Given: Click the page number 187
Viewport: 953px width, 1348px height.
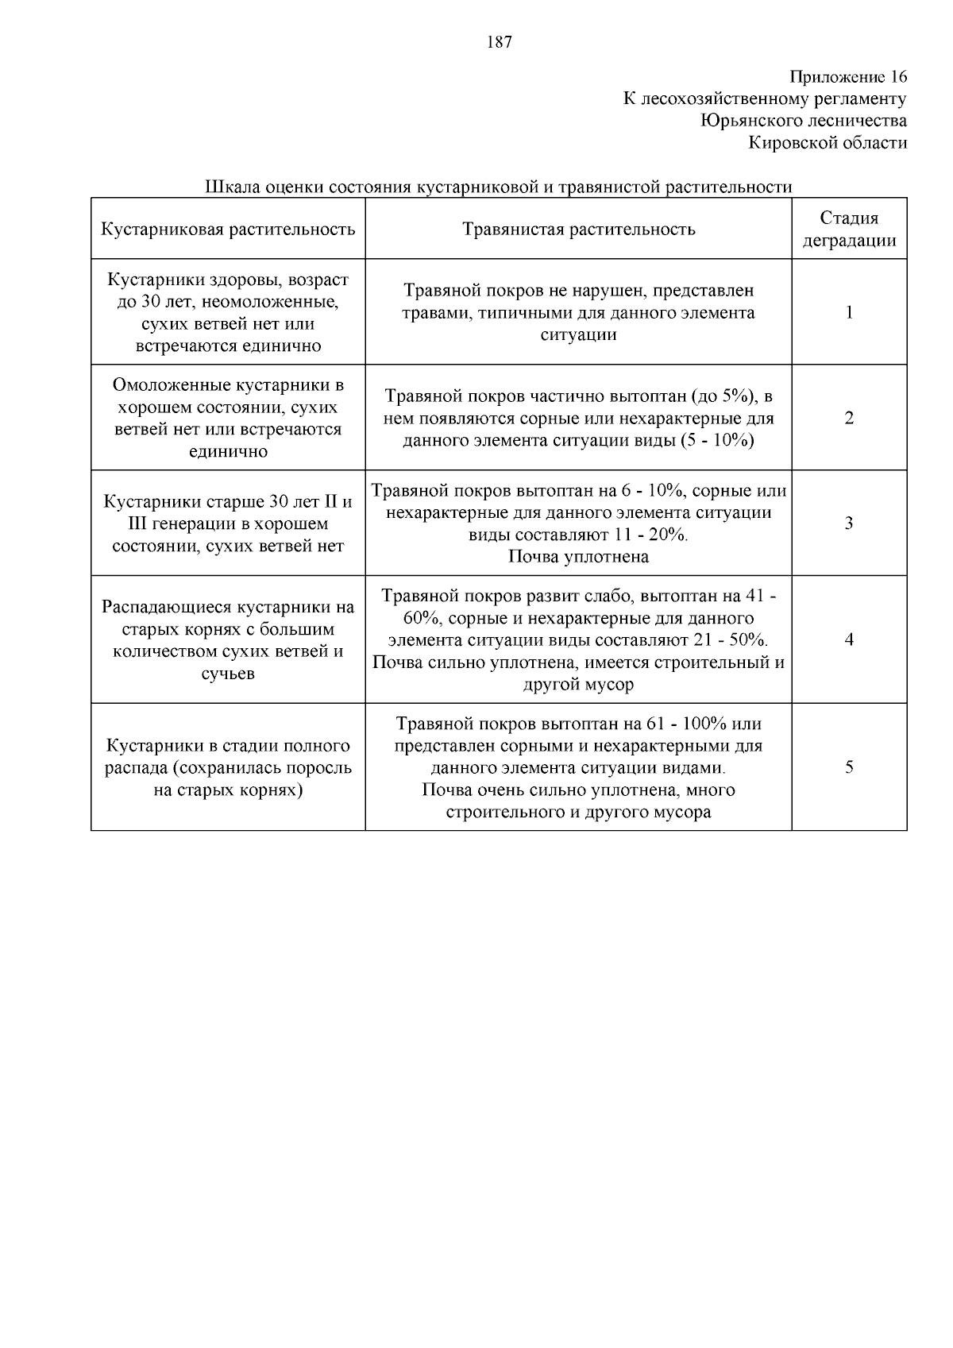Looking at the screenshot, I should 499,43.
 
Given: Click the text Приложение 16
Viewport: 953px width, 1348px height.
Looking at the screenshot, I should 847,77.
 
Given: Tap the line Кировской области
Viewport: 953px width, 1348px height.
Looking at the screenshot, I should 828,143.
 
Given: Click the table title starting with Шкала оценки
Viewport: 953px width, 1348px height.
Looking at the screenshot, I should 499,187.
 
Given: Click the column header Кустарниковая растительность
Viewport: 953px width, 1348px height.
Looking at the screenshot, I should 228,230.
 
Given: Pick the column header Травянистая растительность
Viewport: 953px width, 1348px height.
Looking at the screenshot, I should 578,230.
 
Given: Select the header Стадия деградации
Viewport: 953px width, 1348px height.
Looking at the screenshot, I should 849,230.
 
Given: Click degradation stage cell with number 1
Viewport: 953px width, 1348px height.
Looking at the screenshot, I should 849,312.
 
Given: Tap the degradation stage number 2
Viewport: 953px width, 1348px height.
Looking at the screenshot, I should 849,418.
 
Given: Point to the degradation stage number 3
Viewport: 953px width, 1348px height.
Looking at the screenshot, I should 849,523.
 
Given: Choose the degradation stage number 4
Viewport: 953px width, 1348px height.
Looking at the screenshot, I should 849,639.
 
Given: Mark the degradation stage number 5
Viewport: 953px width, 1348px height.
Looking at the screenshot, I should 849,767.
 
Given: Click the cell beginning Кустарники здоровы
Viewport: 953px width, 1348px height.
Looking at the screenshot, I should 228,312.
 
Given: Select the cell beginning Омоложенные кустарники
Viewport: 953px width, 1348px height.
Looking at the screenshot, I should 228,418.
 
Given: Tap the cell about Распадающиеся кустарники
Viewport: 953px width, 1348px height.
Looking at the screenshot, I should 228,639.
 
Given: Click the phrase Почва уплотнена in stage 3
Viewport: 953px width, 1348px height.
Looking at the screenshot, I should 578,557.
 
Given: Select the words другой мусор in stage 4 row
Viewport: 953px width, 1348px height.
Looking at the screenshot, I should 578,685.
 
